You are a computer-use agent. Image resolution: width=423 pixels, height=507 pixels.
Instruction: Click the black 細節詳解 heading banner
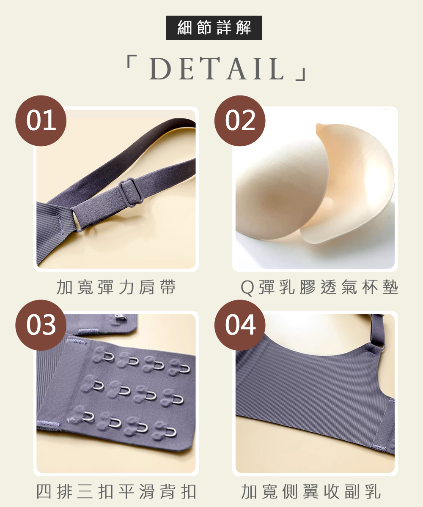[x=214, y=28]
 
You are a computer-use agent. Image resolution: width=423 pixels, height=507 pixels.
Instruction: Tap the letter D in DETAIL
[x=161, y=68]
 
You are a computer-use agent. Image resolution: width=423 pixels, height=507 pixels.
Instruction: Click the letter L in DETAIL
[x=276, y=68]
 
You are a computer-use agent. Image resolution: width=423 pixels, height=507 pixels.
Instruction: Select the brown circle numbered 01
[x=41, y=121]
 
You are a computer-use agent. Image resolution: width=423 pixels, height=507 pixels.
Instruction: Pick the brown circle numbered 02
[x=240, y=121]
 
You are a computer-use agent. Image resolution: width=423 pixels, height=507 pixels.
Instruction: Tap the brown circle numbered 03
[x=41, y=325]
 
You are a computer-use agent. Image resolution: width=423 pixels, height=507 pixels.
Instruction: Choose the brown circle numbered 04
[x=240, y=325]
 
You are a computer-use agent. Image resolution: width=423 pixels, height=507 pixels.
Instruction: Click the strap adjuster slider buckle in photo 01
[x=131, y=191]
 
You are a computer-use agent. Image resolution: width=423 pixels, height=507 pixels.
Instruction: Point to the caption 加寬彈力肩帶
[x=116, y=287]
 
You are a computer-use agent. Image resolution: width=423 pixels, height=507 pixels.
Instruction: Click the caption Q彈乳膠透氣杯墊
[x=319, y=287]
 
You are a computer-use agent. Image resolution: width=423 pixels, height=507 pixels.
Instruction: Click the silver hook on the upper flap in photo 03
[x=120, y=316]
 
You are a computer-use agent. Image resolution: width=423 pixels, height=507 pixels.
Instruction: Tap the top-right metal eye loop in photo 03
[x=185, y=369]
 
